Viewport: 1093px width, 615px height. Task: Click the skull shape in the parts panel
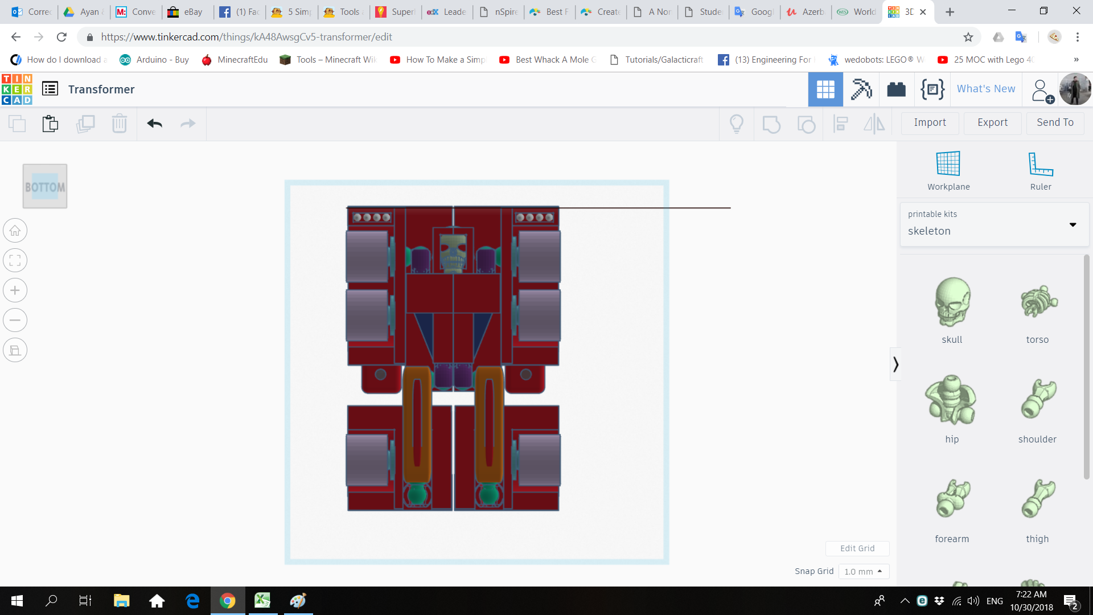[x=952, y=302]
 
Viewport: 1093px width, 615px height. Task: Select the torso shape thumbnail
[x=1038, y=302]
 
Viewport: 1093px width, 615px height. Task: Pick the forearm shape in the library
[x=952, y=499]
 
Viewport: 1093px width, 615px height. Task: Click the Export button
[x=992, y=122]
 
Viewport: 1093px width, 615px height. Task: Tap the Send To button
[x=1055, y=122]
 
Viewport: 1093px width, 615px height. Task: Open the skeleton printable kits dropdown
[x=993, y=224]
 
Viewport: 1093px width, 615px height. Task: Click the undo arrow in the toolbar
[x=154, y=124]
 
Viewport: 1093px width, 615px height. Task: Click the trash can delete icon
[x=119, y=124]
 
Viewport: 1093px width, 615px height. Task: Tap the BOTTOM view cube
[x=45, y=186]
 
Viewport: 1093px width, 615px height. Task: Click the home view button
[x=15, y=231]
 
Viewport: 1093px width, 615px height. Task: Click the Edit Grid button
[x=857, y=548]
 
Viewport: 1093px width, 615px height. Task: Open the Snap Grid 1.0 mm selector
[x=863, y=571]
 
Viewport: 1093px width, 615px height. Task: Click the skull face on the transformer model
[x=453, y=251]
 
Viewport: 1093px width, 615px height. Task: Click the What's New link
[x=985, y=89]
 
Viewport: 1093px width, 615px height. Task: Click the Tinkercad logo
[x=17, y=89]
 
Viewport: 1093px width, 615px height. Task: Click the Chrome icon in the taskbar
[x=227, y=601]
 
